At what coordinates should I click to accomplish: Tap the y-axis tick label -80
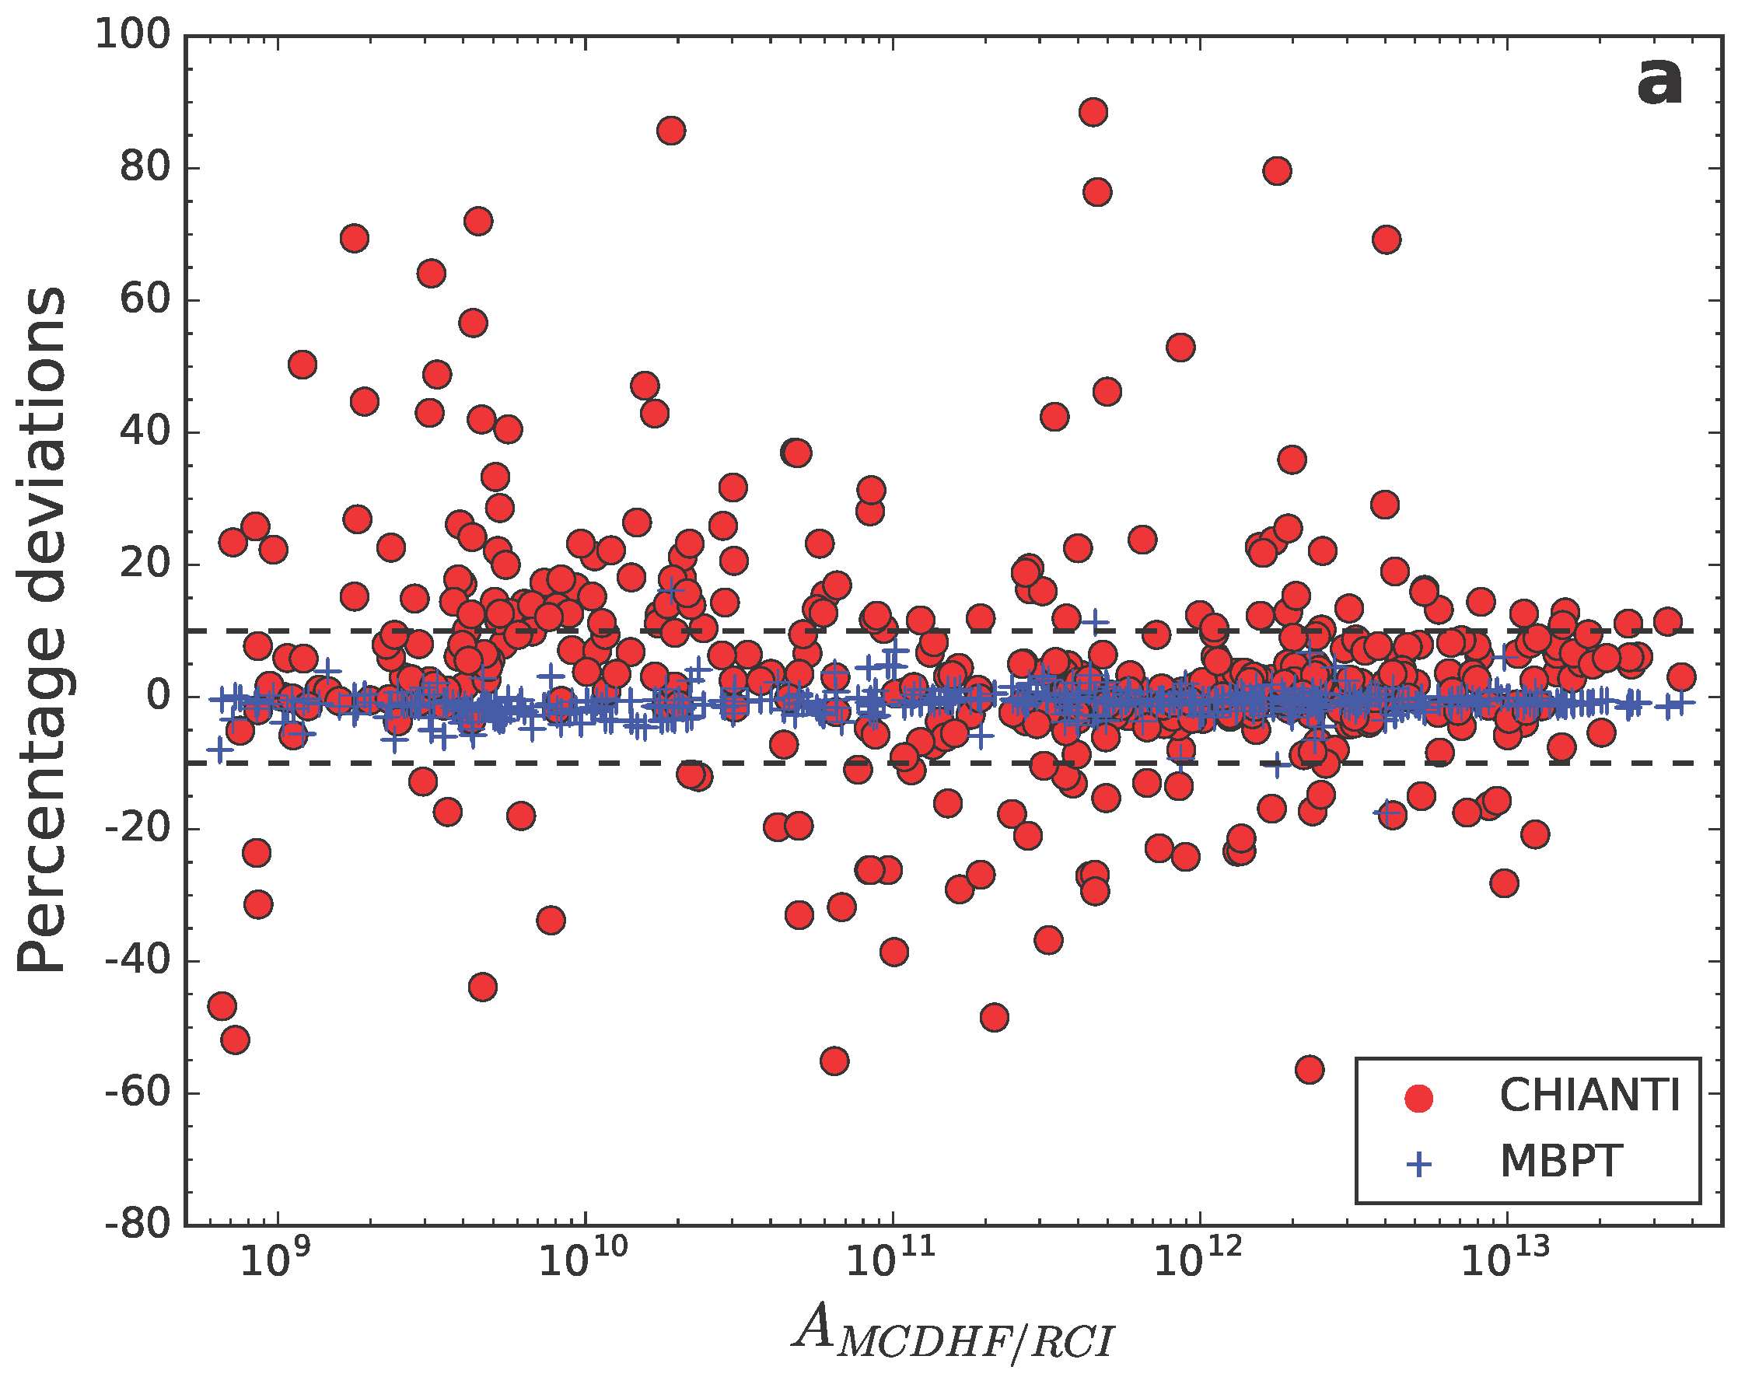(138, 1225)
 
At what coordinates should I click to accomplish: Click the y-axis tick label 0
(159, 696)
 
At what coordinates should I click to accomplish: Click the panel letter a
(1659, 82)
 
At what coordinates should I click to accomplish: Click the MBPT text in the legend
(1561, 1162)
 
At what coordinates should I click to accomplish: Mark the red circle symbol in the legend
(1418, 1098)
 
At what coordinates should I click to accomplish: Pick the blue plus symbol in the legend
(1418, 1164)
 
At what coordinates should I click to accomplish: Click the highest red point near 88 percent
(1093, 112)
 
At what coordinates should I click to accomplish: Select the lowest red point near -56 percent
(1310, 1070)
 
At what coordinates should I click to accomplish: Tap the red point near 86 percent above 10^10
(671, 130)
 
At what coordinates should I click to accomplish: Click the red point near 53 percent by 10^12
(1180, 348)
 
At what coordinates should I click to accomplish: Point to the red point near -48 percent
(995, 1018)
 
